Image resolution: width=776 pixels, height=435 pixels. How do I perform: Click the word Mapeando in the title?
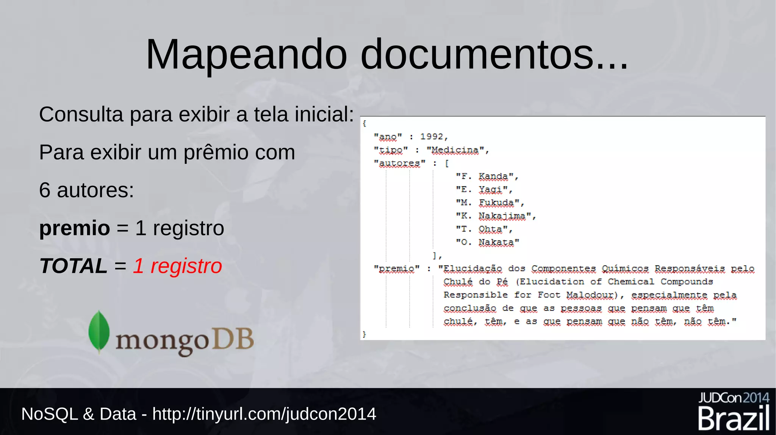246,55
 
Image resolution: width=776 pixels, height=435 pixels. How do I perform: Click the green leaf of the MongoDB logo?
99,332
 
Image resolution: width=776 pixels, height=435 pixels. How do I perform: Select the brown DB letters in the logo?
232,339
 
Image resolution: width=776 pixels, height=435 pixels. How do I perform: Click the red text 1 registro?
177,266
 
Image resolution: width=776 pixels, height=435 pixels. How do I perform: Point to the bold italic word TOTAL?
74,266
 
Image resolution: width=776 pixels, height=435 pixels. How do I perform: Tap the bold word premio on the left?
75,228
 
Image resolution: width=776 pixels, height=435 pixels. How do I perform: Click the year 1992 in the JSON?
432,137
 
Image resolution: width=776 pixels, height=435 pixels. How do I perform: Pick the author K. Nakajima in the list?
496,216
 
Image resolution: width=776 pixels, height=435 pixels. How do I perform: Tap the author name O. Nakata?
487,242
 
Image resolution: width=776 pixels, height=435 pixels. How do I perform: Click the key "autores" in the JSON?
399,163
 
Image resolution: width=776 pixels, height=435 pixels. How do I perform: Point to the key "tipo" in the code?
391,150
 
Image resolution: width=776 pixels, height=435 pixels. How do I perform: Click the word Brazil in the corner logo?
734,419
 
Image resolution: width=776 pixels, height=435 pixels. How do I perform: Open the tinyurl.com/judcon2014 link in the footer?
264,414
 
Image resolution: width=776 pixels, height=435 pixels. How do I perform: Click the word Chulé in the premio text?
458,282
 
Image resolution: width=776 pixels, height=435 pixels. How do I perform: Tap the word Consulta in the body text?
81,114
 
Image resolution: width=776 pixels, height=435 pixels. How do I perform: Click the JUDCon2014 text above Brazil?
734,398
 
